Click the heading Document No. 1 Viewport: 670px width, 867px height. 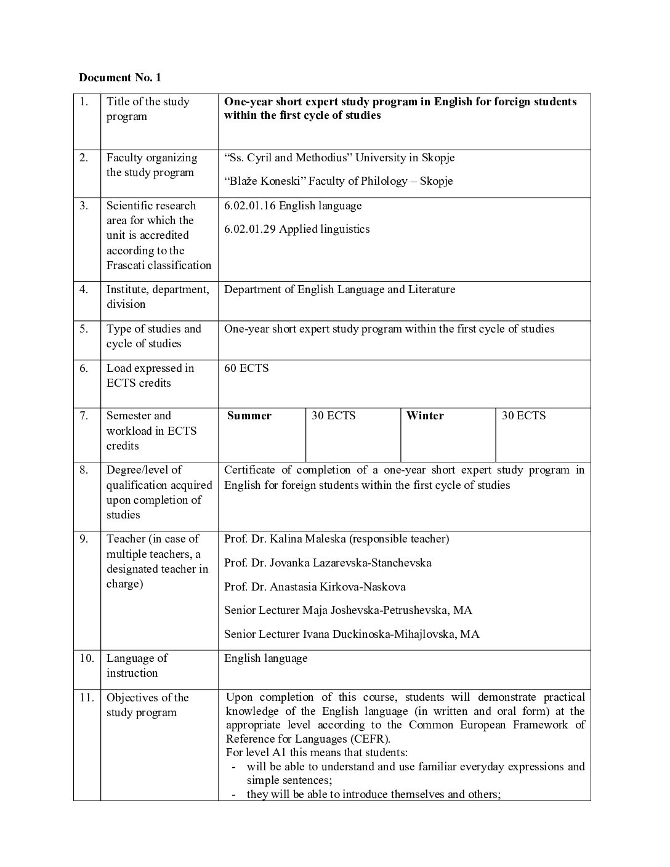[x=119, y=78]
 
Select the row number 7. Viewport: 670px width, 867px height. [x=84, y=416]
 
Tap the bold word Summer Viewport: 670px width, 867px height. [x=249, y=416]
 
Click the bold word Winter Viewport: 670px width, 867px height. [x=425, y=416]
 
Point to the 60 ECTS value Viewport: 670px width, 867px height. [x=246, y=368]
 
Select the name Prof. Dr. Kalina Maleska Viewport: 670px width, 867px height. [x=285, y=539]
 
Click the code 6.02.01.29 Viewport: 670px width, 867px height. [x=250, y=229]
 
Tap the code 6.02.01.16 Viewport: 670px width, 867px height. [x=250, y=206]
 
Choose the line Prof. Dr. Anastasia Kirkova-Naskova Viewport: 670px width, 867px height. [x=315, y=587]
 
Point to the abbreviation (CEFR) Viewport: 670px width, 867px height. [x=368, y=739]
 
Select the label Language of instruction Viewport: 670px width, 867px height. [x=137, y=666]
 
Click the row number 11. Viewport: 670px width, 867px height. [x=86, y=698]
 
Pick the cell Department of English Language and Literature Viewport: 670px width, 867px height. [x=339, y=289]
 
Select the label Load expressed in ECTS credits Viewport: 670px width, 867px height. [x=150, y=376]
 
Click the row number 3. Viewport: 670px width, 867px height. [x=84, y=206]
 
